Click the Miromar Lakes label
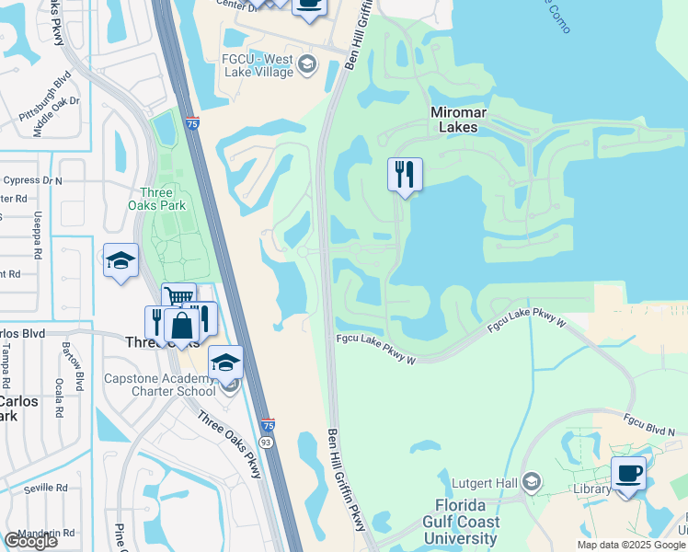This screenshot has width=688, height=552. click(454, 120)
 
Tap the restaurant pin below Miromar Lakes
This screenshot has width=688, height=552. click(405, 175)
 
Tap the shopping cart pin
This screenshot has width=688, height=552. click(178, 299)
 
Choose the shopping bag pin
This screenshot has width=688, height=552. click(182, 327)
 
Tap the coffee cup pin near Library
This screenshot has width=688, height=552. click(629, 474)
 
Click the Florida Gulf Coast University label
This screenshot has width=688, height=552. click(468, 522)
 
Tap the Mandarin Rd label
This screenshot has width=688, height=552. click(51, 533)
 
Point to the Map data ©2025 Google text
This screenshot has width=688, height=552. click(631, 545)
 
